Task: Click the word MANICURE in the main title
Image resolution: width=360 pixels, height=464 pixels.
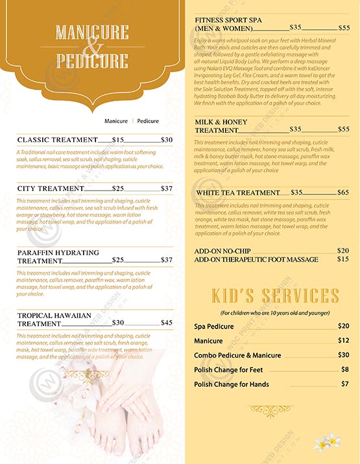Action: [x=92, y=32]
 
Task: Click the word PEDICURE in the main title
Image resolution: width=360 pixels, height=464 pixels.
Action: [x=92, y=62]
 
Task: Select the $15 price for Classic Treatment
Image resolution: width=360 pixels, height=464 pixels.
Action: [x=118, y=139]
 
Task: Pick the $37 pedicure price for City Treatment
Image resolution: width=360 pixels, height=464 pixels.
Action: [x=167, y=189]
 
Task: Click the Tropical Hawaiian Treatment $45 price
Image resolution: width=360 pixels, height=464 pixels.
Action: [x=167, y=323]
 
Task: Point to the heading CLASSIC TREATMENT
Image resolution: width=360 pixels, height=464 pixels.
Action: [x=57, y=139]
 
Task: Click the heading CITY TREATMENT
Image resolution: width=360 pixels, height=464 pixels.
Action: [x=51, y=189]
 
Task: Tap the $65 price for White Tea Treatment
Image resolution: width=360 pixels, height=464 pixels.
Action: [x=343, y=192]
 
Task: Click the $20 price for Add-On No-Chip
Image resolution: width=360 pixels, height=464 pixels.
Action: [x=343, y=250]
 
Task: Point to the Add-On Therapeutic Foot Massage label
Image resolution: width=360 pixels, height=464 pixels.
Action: [x=256, y=259]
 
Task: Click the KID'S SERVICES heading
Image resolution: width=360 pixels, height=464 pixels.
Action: [x=276, y=296]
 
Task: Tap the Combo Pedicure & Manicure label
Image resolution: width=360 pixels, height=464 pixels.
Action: [x=237, y=355]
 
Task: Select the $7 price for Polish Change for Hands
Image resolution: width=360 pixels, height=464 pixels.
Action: [x=345, y=384]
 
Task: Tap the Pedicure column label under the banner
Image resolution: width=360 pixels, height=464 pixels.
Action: [x=148, y=121]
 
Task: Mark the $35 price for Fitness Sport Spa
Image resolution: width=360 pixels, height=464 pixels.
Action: [x=296, y=28]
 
